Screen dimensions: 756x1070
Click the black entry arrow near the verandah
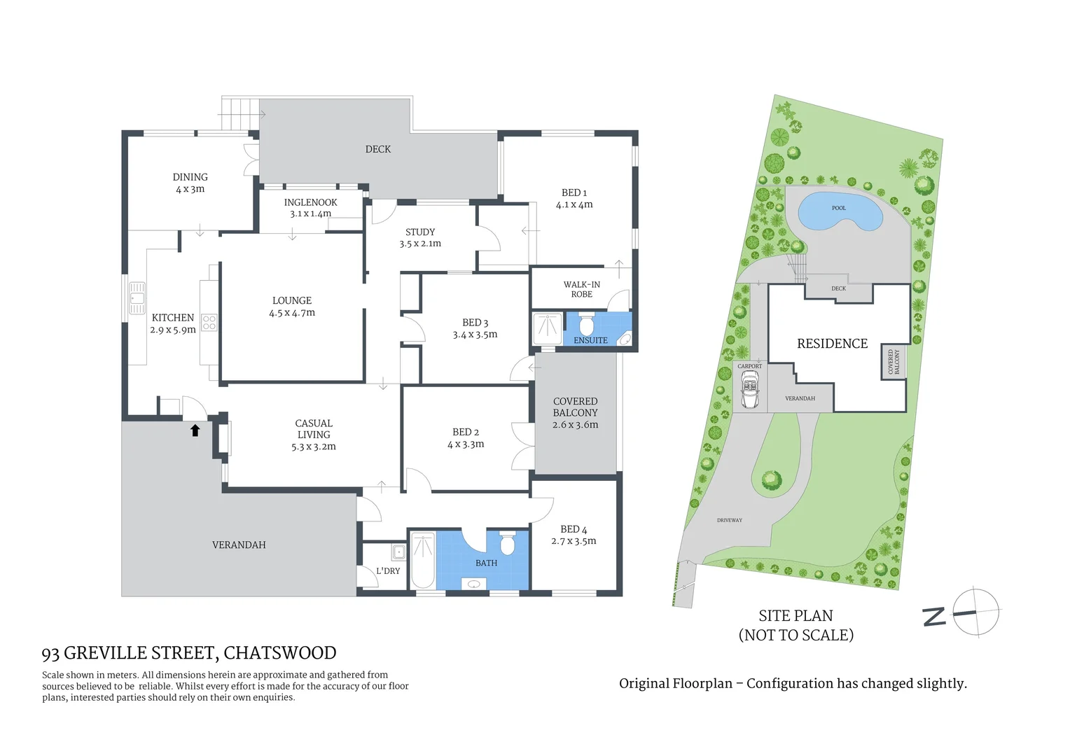pyautogui.click(x=195, y=430)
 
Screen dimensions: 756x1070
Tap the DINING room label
pyautogui.click(x=190, y=183)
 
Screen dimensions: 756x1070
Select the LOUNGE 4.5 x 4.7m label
pyautogui.click(x=292, y=307)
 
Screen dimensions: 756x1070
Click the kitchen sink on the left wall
pyautogui.click(x=137, y=297)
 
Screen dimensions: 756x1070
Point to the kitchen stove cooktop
pyautogui.click(x=209, y=323)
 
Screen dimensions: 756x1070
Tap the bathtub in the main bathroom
pyautogui.click(x=423, y=561)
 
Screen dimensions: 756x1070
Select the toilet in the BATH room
pyautogui.click(x=508, y=542)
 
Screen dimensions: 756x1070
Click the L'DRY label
pyautogui.click(x=388, y=571)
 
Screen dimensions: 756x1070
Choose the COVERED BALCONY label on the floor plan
pyautogui.click(x=575, y=413)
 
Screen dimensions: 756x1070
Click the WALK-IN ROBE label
pyautogui.click(x=581, y=289)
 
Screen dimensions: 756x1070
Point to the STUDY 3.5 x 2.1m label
pyautogui.click(x=420, y=237)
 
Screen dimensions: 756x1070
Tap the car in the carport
pyautogui.click(x=749, y=390)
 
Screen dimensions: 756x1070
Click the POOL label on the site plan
pyautogui.click(x=839, y=208)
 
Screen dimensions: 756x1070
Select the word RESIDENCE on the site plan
pyautogui.click(x=832, y=344)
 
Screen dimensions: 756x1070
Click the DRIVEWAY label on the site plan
pyautogui.click(x=729, y=520)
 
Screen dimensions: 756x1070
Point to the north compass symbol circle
pyautogui.click(x=976, y=612)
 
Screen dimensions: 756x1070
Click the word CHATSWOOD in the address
pyautogui.click(x=280, y=653)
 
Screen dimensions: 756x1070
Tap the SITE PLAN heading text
pyautogui.click(x=795, y=616)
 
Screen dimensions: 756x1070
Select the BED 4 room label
pyautogui.click(x=574, y=535)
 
